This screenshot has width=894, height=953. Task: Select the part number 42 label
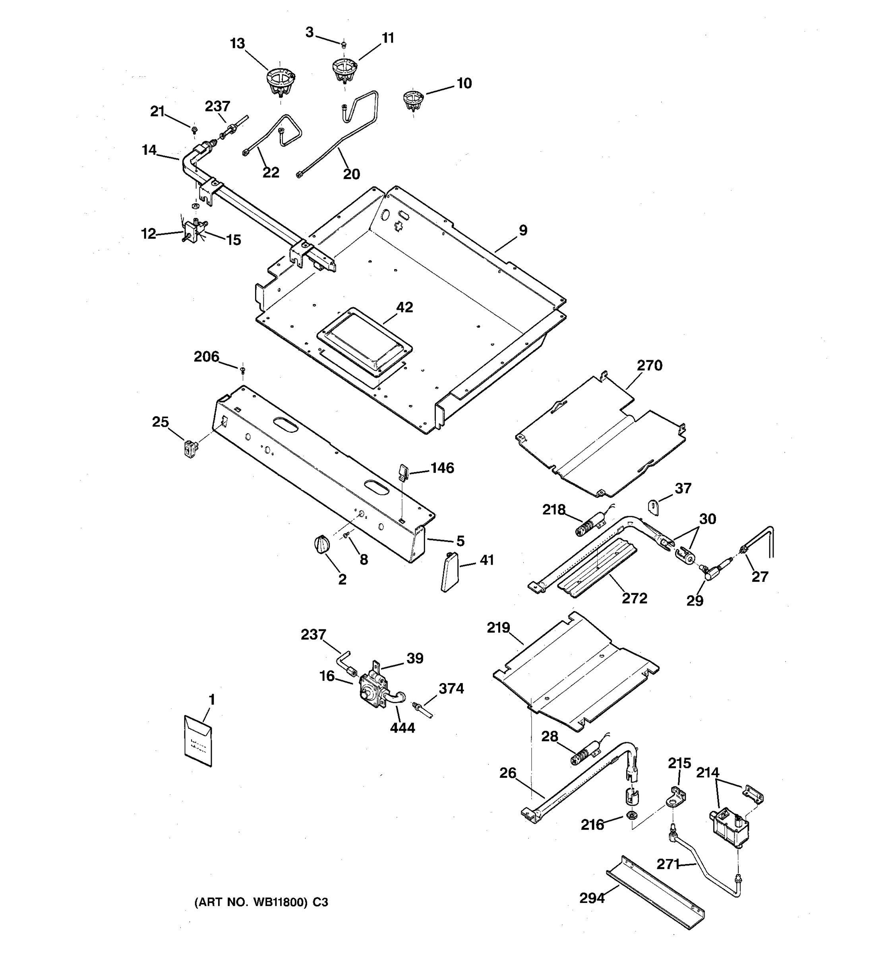tap(404, 307)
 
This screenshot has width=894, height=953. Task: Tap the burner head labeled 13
tap(281, 81)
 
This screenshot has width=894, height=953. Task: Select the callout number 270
tap(649, 366)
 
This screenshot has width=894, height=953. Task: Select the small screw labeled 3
tap(343, 45)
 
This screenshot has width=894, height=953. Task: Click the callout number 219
tap(498, 628)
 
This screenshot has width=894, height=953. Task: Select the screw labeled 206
tap(243, 370)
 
